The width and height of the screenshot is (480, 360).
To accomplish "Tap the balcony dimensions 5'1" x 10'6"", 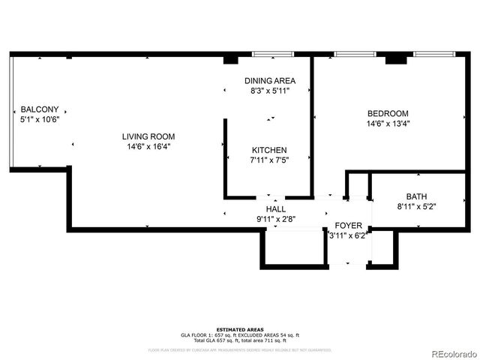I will pos(40,118).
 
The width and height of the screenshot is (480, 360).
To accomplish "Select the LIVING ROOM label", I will pos(148,136).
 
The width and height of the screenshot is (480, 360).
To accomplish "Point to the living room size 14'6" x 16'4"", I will pos(148,146).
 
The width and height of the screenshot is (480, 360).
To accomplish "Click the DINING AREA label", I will pos(270,80).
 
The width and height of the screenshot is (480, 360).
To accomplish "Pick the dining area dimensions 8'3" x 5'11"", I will pos(270,90).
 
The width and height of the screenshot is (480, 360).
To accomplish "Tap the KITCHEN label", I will pos(269,149).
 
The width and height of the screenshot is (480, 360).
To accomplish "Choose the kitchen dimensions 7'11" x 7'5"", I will pos(269,159).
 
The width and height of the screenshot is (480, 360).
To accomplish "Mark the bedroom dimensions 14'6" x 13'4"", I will pos(388,124).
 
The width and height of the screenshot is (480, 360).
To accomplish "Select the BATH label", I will pos(416,196).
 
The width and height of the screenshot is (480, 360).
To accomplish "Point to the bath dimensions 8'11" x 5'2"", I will pos(416,206).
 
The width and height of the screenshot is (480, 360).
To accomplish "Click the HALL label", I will pos(276,208).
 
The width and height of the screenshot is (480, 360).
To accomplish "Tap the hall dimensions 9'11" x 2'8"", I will pos(276,219).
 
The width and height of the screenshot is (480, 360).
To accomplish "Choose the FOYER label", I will pos(348,225).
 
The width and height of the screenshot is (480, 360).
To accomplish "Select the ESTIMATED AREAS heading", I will pos(239,329).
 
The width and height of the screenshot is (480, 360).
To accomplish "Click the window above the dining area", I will pos(273,54).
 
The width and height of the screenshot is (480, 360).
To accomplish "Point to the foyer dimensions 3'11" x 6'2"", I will pos(348,235).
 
